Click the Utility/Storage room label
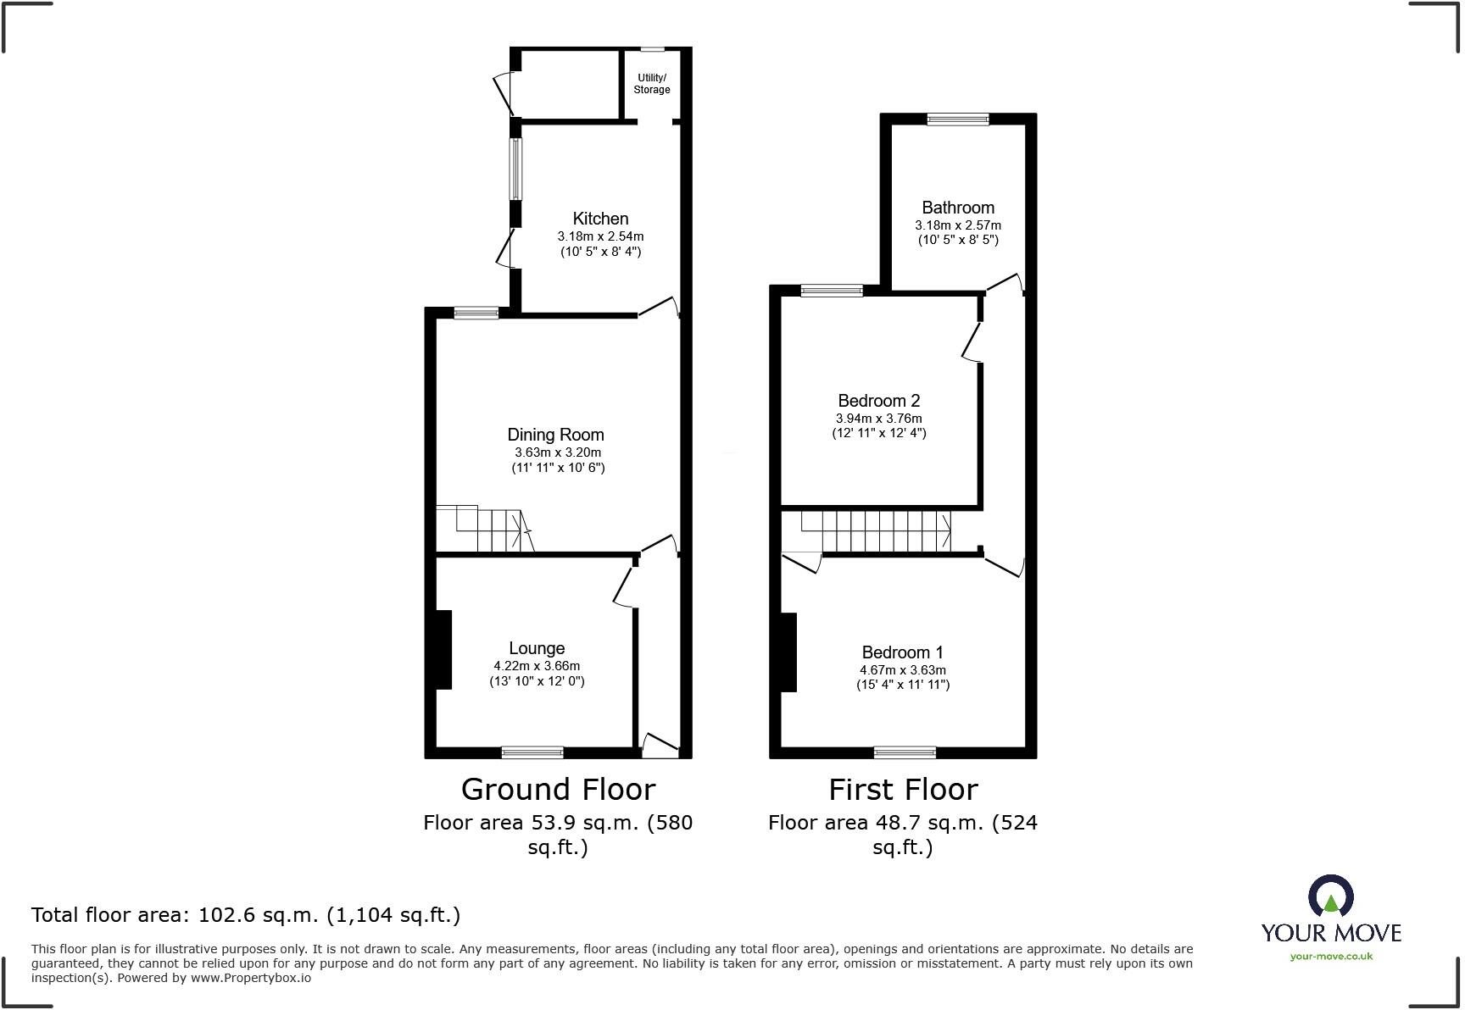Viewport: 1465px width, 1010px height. tap(651, 83)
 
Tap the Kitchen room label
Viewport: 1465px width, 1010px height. tap(600, 219)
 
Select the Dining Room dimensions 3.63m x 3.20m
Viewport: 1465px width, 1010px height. tap(557, 452)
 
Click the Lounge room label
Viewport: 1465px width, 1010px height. tap(537, 648)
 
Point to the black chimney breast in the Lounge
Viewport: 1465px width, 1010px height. tap(443, 649)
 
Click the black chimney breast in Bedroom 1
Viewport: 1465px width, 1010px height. tap(788, 652)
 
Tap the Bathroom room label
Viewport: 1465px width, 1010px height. tap(958, 208)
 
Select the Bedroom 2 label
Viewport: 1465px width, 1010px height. tap(878, 401)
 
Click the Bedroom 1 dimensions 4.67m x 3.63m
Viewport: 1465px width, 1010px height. tap(902, 670)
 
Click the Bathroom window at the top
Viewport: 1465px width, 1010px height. tap(958, 119)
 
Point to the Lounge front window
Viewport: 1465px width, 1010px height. tap(532, 752)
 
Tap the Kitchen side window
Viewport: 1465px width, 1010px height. tap(515, 169)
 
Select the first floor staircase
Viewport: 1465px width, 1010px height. tap(877, 531)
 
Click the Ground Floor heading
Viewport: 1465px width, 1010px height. tap(558, 790)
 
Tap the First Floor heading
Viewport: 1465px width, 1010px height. tap(903, 790)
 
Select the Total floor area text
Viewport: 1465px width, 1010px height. tap(246, 915)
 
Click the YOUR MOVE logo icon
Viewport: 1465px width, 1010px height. tap(1330, 896)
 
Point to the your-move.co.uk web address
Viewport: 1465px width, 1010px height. tap(1331, 957)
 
